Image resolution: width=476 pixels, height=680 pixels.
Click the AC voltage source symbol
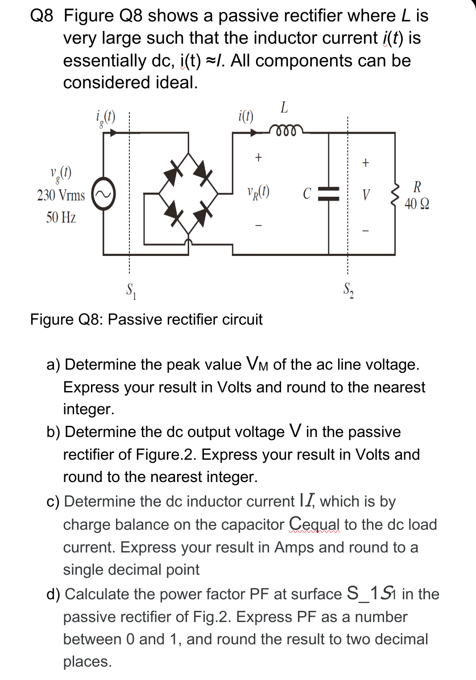(103, 194)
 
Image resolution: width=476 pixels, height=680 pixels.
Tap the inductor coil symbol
(286, 130)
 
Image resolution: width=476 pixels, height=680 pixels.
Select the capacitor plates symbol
(329, 194)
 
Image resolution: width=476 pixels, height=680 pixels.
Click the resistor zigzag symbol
(394, 194)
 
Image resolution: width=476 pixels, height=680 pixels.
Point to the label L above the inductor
(284, 107)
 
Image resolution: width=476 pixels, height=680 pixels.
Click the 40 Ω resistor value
(417, 204)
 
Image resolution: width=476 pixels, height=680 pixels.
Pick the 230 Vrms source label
(61, 195)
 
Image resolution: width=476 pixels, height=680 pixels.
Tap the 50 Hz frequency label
(61, 218)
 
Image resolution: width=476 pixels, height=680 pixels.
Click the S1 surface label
(131, 291)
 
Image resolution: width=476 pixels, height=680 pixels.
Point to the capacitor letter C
(307, 194)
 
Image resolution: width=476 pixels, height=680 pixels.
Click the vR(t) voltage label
(258, 192)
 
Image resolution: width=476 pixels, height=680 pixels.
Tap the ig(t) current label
(105, 118)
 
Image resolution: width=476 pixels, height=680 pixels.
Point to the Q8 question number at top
(41, 16)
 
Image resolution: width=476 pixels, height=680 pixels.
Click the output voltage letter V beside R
(366, 194)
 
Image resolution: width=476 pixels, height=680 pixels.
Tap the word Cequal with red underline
(314, 524)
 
